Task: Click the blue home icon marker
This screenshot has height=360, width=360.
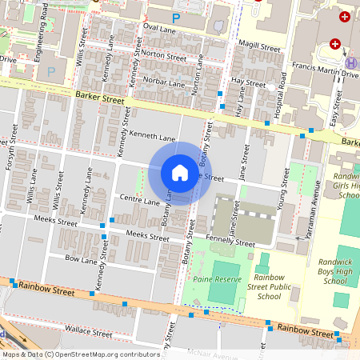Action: pyautogui.click(x=180, y=173)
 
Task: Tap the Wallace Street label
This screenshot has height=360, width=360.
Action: pyautogui.click(x=88, y=330)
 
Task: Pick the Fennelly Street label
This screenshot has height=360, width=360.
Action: pyautogui.click(x=233, y=243)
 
